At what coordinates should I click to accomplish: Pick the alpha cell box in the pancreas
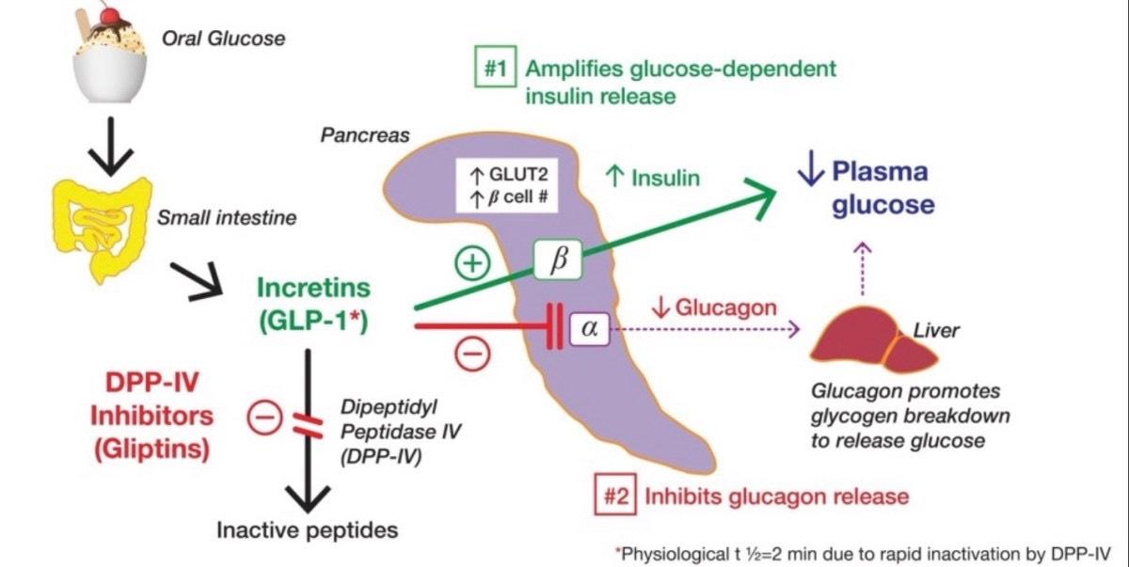pos(589,328)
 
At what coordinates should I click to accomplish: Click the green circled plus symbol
pos(473,263)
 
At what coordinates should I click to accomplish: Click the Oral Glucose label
pos(223,39)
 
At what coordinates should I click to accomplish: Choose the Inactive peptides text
pos(308,529)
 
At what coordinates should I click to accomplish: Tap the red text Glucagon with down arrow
pos(712,307)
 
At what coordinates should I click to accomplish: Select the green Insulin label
pos(654,177)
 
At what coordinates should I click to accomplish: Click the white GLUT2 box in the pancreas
pos(508,184)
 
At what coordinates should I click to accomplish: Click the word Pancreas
pos(365,135)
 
